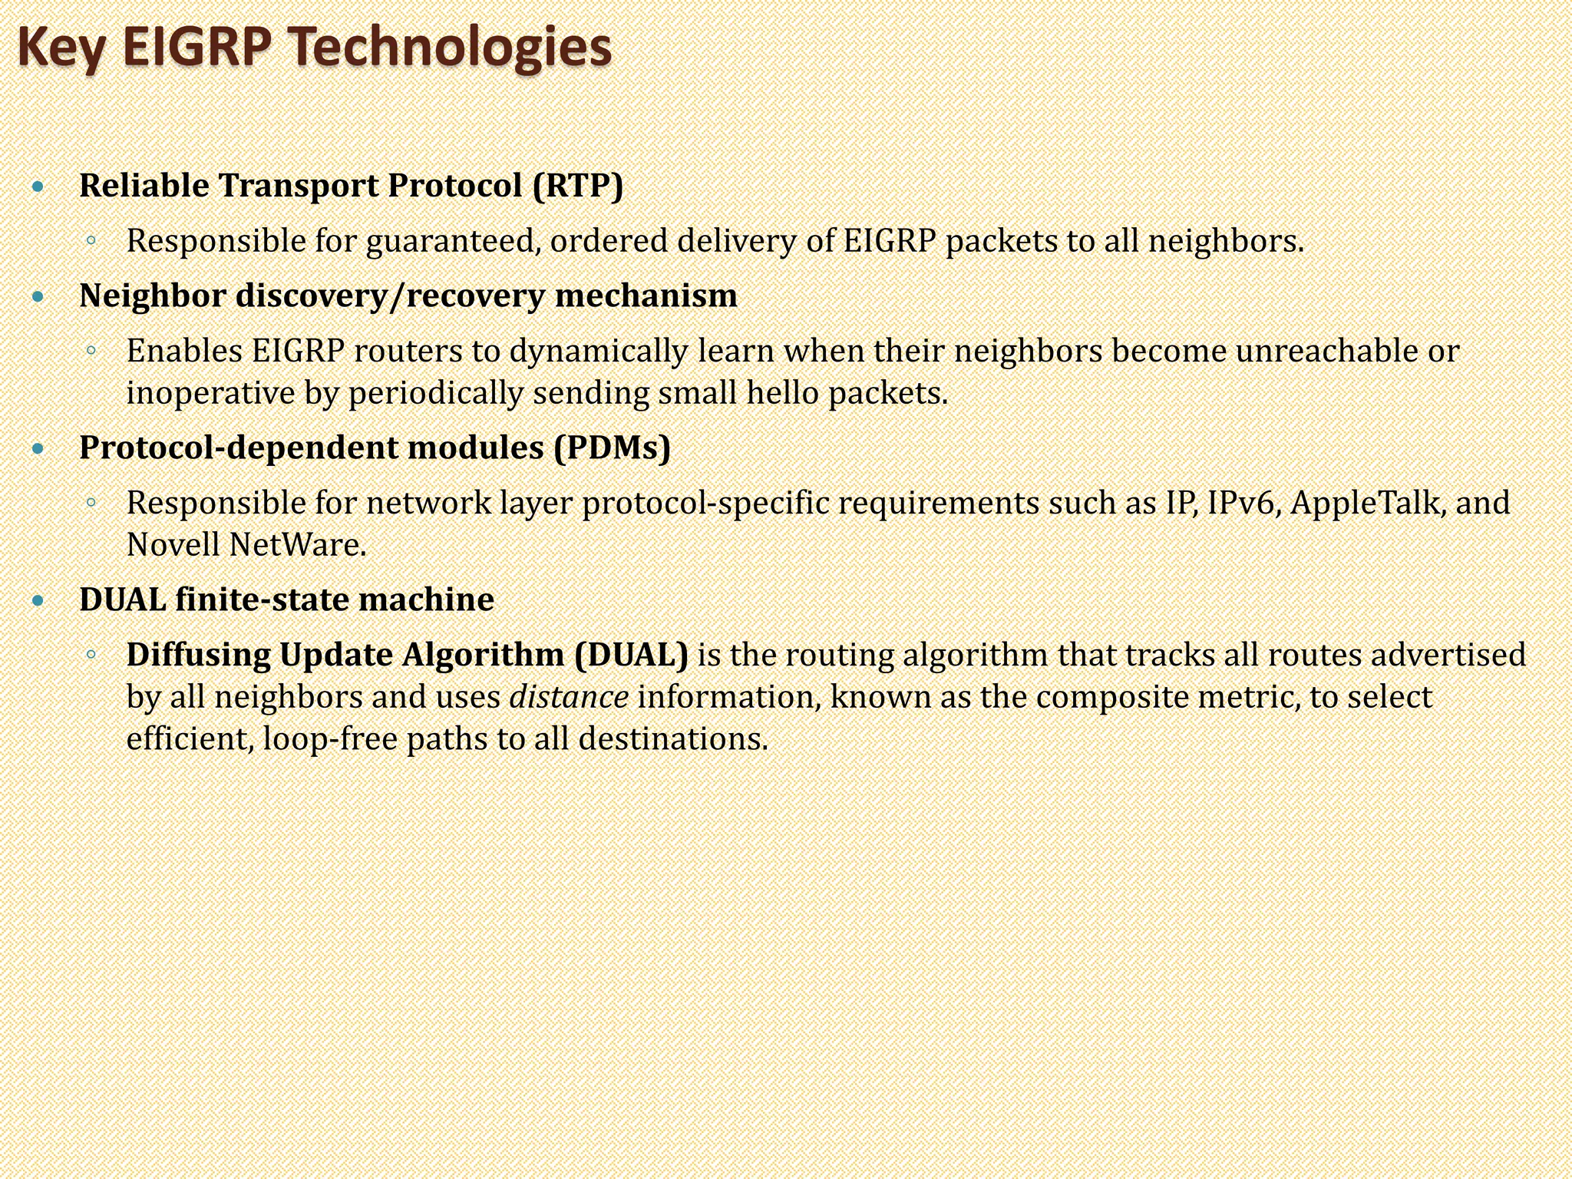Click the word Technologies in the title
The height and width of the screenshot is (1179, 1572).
click(451, 48)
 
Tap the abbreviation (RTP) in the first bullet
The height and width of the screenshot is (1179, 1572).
click(578, 186)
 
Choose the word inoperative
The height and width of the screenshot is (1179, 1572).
click(210, 393)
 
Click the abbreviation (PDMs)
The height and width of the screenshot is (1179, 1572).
click(612, 447)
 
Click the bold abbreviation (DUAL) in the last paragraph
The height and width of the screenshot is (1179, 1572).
click(631, 655)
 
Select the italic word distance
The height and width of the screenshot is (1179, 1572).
click(569, 697)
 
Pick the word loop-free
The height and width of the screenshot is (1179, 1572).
click(329, 739)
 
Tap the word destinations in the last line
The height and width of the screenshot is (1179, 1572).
click(672, 739)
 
